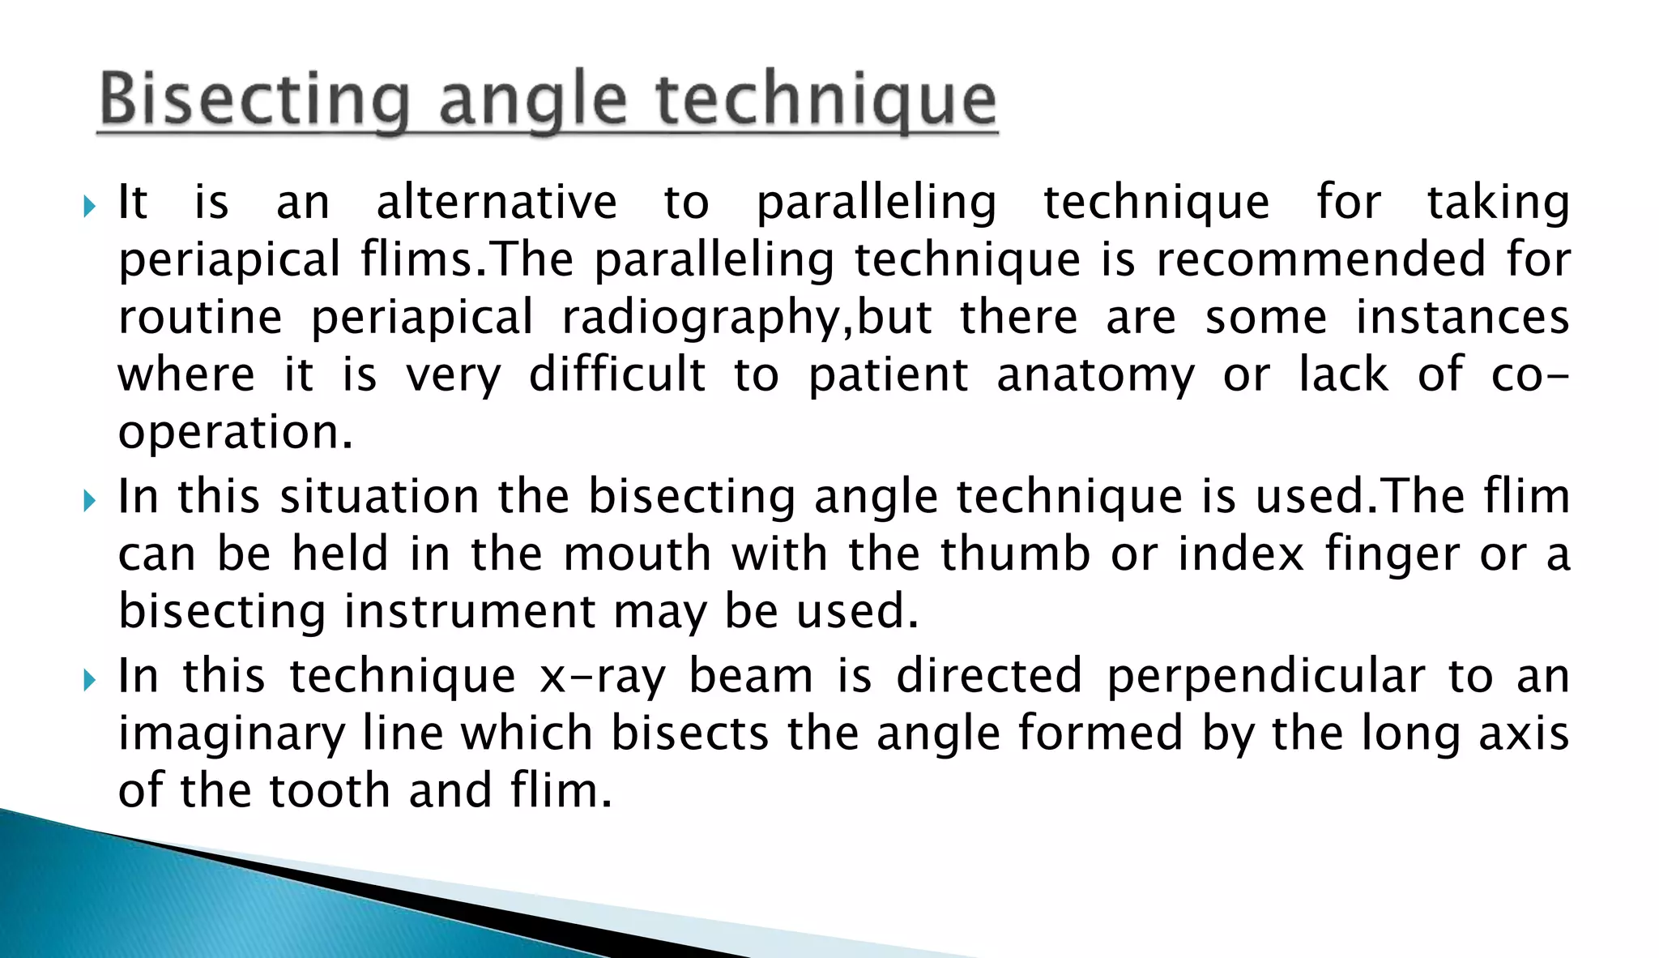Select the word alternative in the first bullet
click(497, 202)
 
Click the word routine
click(200, 317)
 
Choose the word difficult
click(617, 374)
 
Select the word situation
click(379, 496)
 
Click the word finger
click(1392, 555)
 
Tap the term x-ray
click(603, 677)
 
